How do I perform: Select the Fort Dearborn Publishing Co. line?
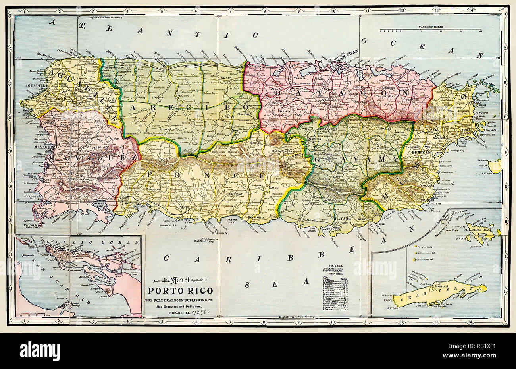(180, 300)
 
